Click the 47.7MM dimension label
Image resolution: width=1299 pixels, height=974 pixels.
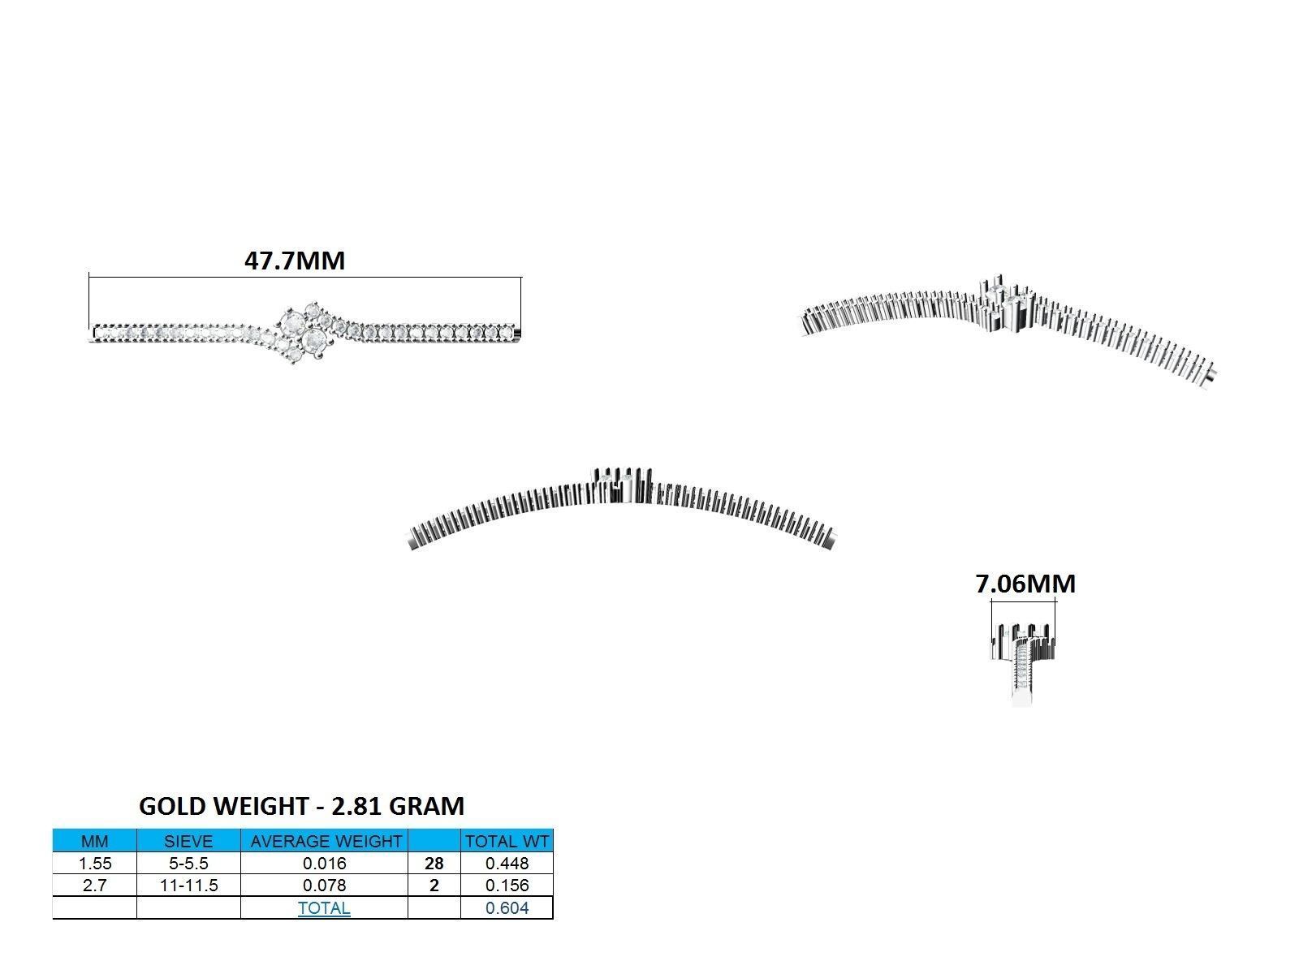tap(295, 261)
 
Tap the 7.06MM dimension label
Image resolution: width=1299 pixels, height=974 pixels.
tap(1025, 584)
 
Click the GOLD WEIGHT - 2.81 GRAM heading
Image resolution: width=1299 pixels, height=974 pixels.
tap(302, 806)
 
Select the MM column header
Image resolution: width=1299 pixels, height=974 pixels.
tap(95, 841)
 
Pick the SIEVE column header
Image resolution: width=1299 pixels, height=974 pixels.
tap(188, 841)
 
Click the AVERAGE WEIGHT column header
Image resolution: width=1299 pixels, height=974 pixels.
tap(325, 841)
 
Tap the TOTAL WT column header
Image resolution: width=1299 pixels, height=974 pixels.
tap(507, 841)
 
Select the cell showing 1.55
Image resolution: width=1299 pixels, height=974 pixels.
tap(95, 864)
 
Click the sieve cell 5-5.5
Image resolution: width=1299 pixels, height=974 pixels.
tap(188, 864)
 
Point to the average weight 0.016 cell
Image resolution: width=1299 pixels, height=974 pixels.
tap(325, 864)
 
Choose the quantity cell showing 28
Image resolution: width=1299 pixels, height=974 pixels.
tap(434, 864)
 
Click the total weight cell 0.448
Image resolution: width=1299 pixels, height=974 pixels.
tap(507, 864)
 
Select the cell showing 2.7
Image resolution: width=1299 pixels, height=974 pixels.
tap(95, 886)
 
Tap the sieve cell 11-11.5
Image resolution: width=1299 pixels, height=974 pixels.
tap(188, 886)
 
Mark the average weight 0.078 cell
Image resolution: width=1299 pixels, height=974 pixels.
tap(325, 886)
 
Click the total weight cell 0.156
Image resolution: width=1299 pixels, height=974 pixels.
tap(507, 886)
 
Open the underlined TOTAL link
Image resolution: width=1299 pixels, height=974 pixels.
tap(324, 908)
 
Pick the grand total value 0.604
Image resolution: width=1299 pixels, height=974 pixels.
tap(507, 908)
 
